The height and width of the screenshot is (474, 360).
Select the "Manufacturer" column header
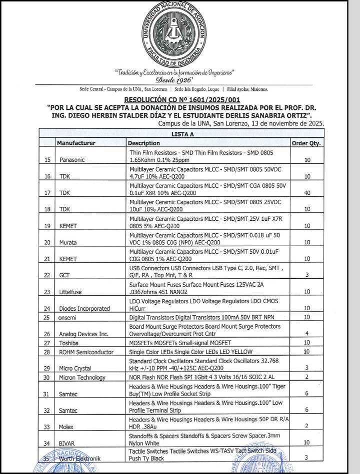click(76, 143)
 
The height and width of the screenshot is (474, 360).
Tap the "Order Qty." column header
click(306, 143)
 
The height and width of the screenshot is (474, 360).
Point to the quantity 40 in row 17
click(307, 192)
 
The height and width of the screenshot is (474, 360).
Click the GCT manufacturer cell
click(64, 275)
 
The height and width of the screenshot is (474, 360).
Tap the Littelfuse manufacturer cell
click(71, 292)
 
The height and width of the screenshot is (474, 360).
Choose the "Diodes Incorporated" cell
click(83, 308)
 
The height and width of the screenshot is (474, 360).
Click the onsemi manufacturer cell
click(67, 317)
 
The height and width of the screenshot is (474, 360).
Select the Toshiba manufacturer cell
click(69, 343)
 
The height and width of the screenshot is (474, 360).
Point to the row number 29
click(47, 368)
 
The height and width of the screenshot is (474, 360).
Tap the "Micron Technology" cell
click(82, 378)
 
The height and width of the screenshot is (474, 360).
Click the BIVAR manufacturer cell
click(67, 443)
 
